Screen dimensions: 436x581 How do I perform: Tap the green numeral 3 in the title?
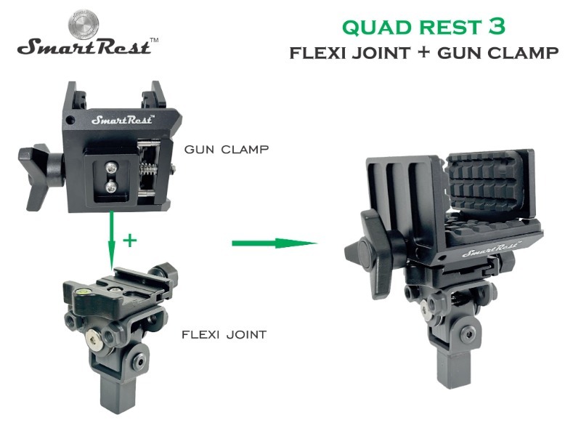click(x=497, y=27)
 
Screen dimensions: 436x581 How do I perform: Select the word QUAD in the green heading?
click(x=373, y=28)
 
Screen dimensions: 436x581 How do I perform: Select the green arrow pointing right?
click(x=275, y=243)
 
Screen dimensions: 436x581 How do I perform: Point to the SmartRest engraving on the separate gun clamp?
click(x=120, y=119)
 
